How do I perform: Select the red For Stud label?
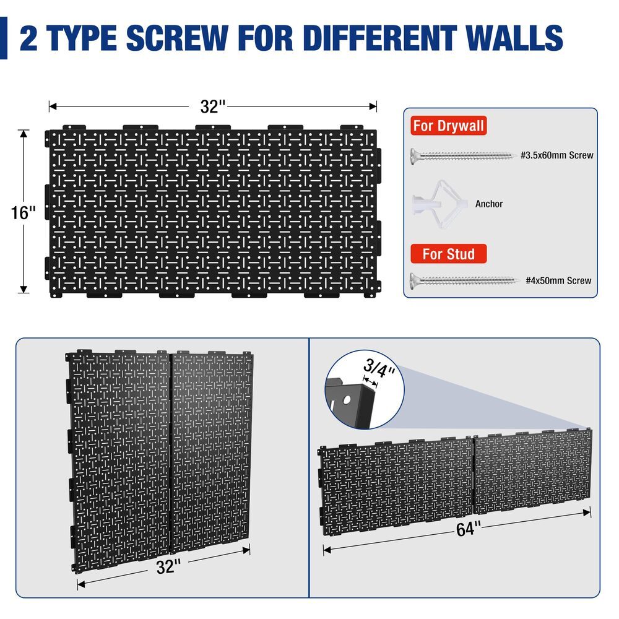[x=449, y=254]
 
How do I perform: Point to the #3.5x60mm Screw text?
[x=556, y=155]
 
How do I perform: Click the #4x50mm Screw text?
[x=558, y=280]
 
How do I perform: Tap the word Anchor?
[x=489, y=204]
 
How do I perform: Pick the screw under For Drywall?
[x=462, y=155]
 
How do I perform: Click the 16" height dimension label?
[x=24, y=213]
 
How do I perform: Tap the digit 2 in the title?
[x=29, y=38]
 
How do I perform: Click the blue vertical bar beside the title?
[x=4, y=38]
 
